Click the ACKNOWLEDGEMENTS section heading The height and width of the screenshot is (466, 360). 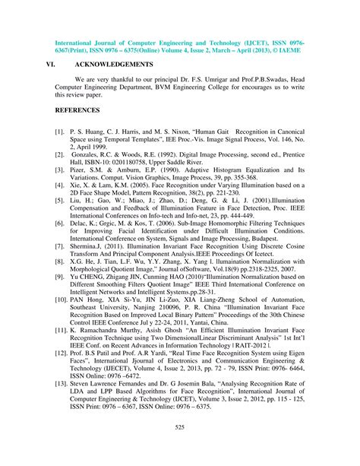coord(113,64)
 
